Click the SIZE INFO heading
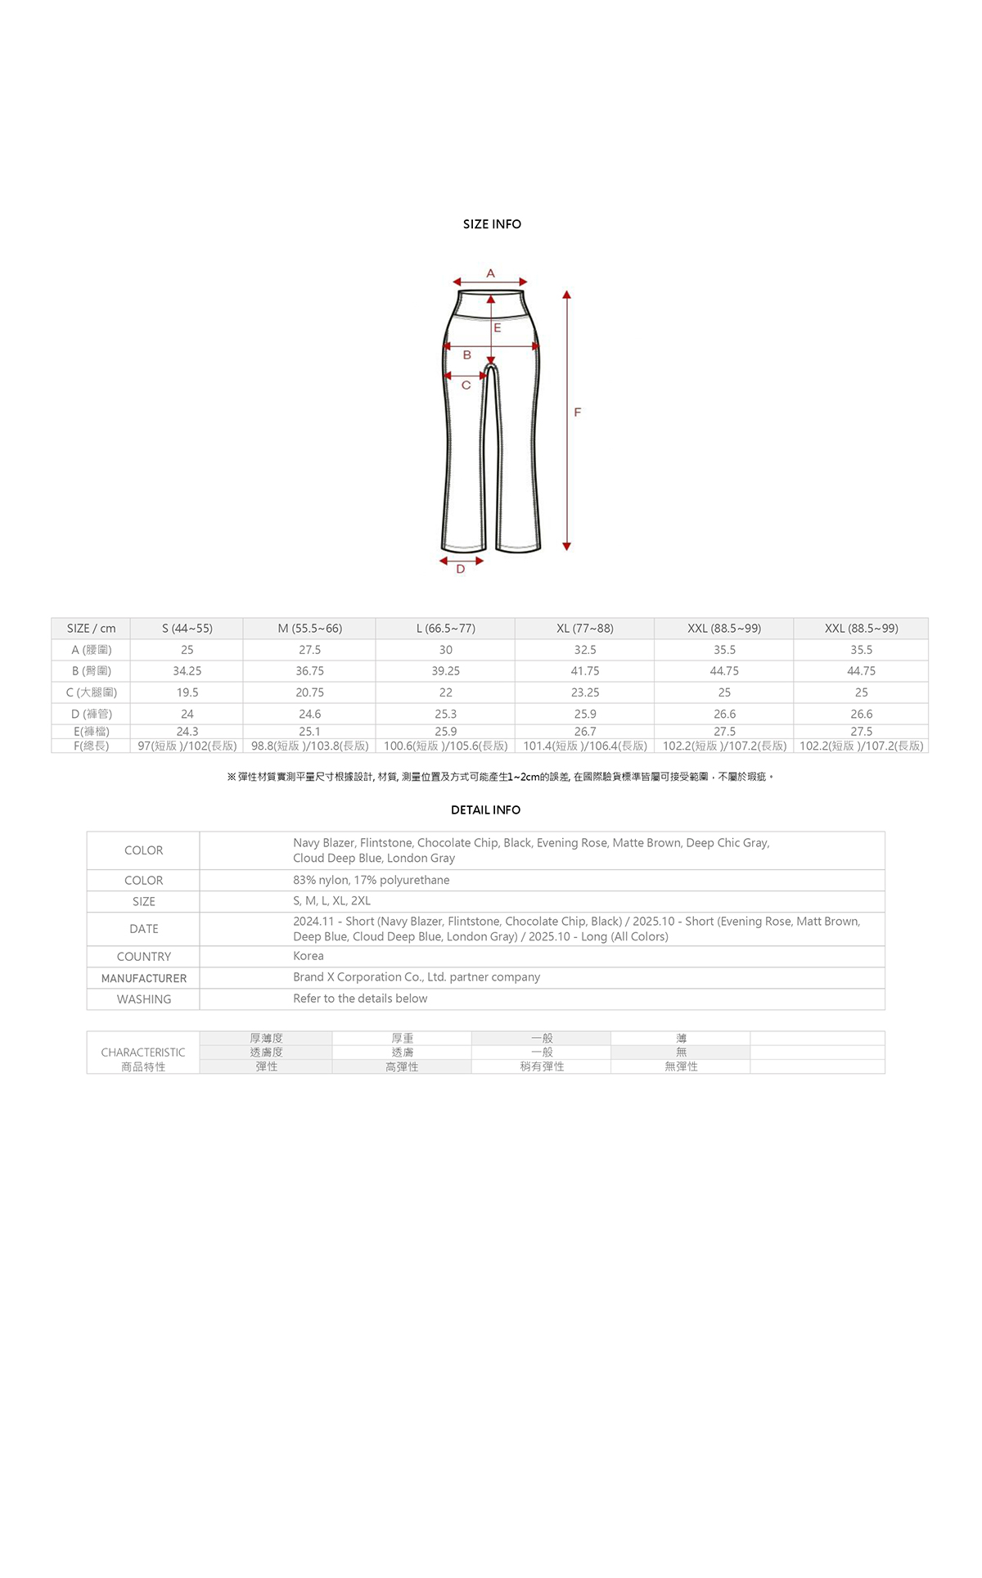pyautogui.click(x=492, y=224)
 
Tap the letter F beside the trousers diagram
pyautogui.click(x=578, y=413)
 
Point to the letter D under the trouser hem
pyautogui.click(x=461, y=570)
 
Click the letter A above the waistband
pyautogui.click(x=490, y=273)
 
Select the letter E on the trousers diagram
pyautogui.click(x=497, y=327)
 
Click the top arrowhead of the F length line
pyautogui.click(x=566, y=295)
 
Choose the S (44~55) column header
pyautogui.click(x=187, y=629)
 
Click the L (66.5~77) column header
pyautogui.click(x=445, y=629)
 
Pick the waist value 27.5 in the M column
pyautogui.click(x=309, y=650)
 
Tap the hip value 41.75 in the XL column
pyautogui.click(x=585, y=671)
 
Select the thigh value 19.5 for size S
pyautogui.click(x=187, y=692)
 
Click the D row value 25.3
pyautogui.click(x=445, y=714)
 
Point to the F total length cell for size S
pyautogui.click(x=187, y=746)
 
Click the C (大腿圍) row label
pyautogui.click(x=91, y=692)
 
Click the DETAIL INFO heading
pyautogui.click(x=485, y=810)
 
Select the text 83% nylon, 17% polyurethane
pyautogui.click(x=372, y=880)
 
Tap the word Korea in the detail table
pyautogui.click(x=309, y=956)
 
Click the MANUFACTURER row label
pyautogui.click(x=144, y=978)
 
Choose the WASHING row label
pyautogui.click(x=144, y=999)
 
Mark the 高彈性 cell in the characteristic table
pyautogui.click(x=402, y=1066)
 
